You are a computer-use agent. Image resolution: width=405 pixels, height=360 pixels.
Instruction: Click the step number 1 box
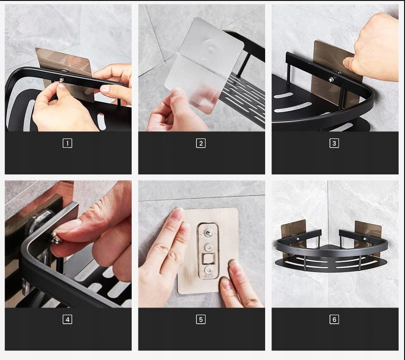point(67,143)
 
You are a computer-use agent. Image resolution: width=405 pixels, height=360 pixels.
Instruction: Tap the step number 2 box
point(201,143)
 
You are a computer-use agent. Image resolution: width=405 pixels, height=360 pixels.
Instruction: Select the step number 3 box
point(334,143)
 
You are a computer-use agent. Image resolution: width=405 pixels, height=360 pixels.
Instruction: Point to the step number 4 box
point(67,319)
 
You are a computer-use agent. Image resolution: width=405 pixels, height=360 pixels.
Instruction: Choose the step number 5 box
point(201,319)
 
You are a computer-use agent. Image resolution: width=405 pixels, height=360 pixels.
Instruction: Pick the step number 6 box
point(334,319)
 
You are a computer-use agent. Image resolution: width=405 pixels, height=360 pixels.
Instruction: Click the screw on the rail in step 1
point(61,80)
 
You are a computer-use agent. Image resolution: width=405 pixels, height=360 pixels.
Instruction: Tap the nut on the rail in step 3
point(331,80)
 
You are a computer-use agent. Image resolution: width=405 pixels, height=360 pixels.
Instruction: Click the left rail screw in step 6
point(298,239)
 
